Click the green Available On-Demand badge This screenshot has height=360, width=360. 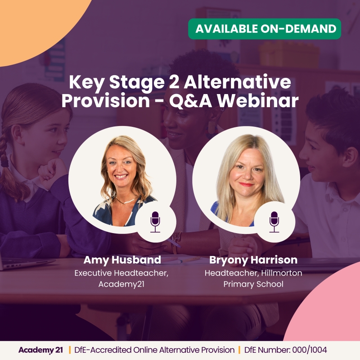tap(264, 29)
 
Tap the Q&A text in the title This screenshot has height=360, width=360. tap(186, 100)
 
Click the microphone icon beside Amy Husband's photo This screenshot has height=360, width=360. tap(155, 221)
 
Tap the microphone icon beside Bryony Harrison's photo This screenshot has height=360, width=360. tap(274, 221)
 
